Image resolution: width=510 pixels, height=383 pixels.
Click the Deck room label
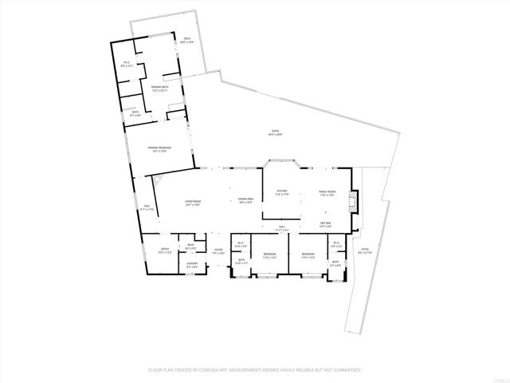(186, 40)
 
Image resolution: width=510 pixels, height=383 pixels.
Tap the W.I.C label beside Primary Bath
(127, 64)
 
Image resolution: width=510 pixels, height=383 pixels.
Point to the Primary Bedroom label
(159, 149)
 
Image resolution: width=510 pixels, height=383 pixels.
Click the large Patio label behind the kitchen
(276, 132)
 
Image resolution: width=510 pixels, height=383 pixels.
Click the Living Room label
(192, 202)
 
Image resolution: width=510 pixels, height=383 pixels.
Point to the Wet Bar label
(326, 224)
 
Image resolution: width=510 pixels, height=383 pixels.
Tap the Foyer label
(218, 251)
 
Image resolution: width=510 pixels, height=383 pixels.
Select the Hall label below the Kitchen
(282, 229)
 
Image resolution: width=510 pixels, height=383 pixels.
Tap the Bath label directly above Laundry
(191, 246)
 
